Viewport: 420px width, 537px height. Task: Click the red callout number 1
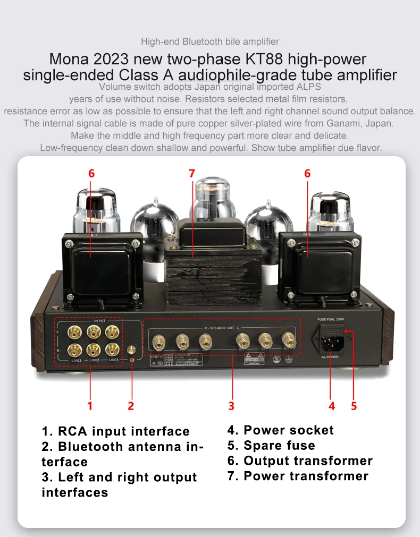[x=90, y=406]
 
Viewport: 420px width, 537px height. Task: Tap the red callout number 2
[x=130, y=406]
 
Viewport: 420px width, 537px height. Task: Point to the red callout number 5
[x=354, y=406]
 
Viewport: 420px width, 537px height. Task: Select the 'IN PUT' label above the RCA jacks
[x=100, y=321]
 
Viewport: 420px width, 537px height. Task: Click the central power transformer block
[x=213, y=271]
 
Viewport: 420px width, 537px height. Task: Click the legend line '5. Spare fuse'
[x=271, y=445]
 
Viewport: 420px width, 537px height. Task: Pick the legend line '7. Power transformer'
[x=298, y=476]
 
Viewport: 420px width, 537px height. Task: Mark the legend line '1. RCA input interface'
[x=115, y=431]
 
